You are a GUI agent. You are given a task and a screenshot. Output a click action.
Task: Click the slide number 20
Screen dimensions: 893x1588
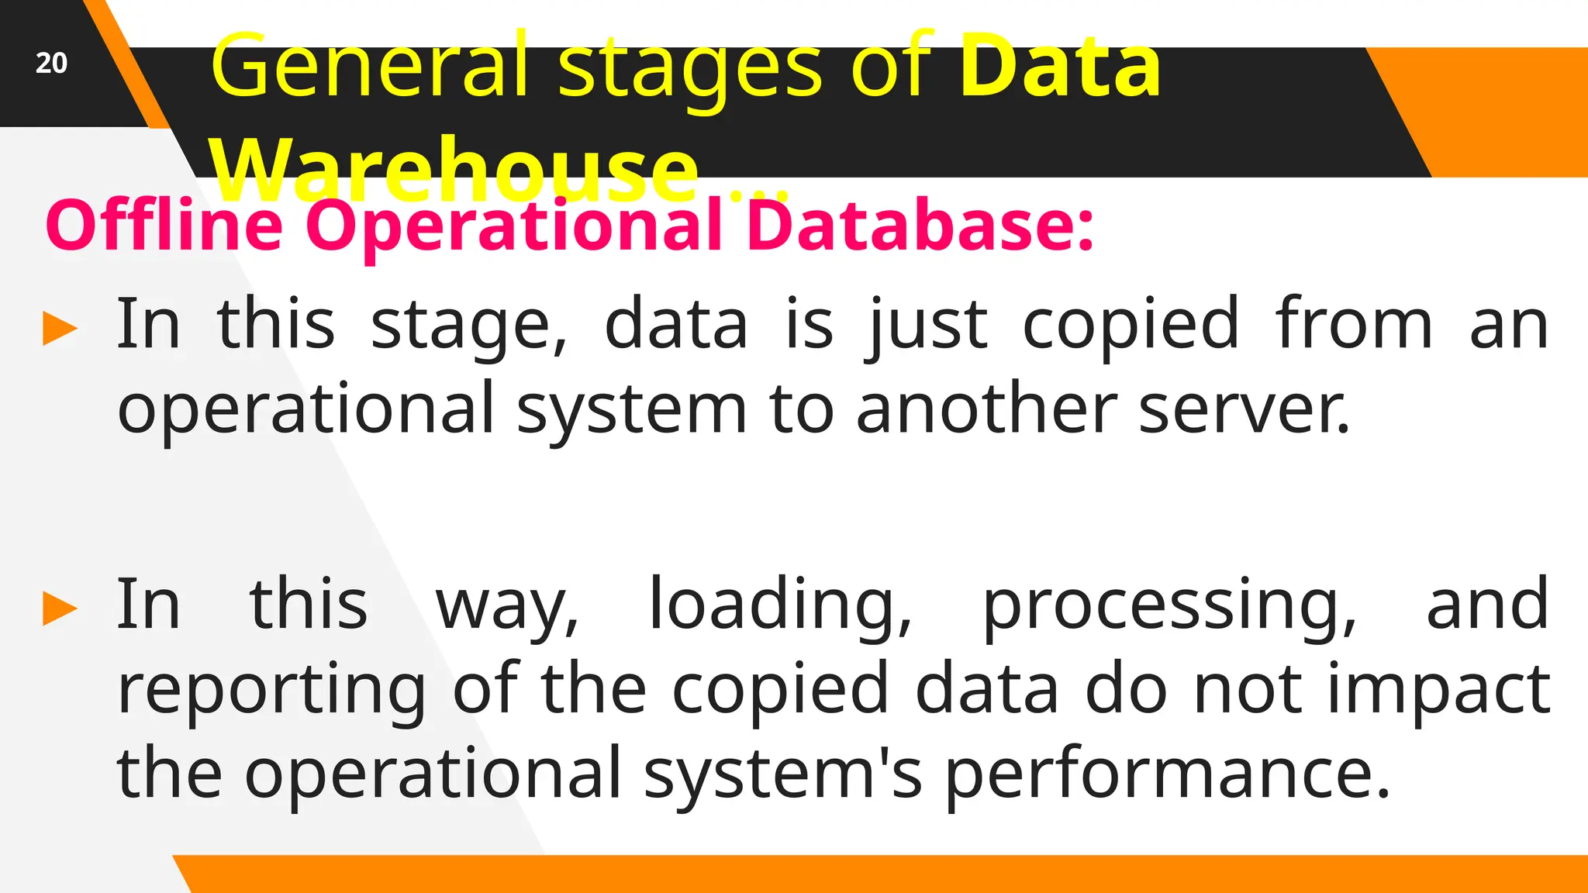[x=51, y=63]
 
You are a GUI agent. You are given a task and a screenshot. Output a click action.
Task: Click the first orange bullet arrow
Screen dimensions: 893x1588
[x=60, y=328]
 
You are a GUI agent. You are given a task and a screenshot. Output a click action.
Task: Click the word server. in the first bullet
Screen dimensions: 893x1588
[x=1245, y=409]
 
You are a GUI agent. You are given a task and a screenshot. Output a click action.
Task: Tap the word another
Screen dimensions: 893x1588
[x=986, y=409]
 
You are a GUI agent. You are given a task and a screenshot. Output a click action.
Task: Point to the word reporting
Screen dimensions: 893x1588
[x=271, y=691]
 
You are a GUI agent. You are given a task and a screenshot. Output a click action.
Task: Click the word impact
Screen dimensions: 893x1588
[x=1439, y=691]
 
